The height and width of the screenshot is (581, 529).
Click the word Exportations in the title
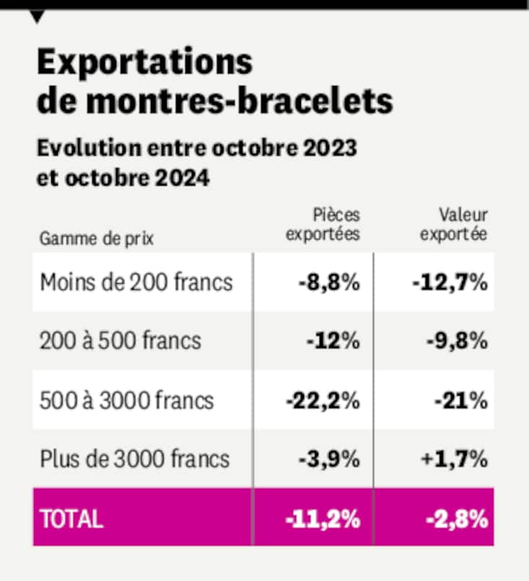(x=144, y=64)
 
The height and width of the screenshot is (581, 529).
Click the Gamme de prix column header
(x=97, y=238)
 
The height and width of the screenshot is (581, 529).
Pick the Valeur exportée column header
(x=454, y=224)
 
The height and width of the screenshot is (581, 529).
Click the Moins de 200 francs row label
(x=136, y=281)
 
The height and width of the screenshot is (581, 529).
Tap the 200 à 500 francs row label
(x=121, y=340)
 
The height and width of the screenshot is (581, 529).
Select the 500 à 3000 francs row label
(x=127, y=399)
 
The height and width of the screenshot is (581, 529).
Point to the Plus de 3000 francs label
(x=135, y=458)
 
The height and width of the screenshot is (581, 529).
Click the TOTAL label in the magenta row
(x=72, y=518)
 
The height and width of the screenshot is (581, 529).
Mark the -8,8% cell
(x=328, y=281)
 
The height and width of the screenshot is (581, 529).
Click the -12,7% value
(x=450, y=281)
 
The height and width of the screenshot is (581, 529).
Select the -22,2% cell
(x=323, y=399)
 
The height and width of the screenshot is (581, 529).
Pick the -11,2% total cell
(x=323, y=518)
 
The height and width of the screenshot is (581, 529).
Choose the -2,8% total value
(x=454, y=518)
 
